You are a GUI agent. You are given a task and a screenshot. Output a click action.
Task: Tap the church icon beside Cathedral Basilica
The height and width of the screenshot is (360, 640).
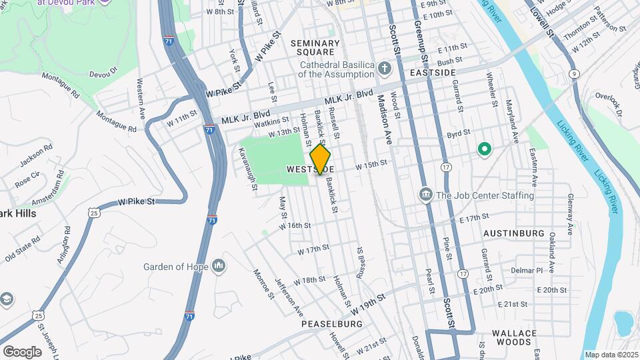(x=384, y=68)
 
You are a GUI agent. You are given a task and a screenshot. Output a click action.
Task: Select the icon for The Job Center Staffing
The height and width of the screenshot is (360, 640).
(x=425, y=195)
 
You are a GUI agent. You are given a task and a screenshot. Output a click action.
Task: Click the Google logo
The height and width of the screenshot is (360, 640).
(x=22, y=351)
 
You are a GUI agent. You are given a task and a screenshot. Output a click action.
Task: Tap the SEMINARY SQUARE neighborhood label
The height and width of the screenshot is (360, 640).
(x=315, y=47)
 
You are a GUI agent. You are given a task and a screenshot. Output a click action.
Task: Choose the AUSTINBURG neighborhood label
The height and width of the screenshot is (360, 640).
(x=514, y=234)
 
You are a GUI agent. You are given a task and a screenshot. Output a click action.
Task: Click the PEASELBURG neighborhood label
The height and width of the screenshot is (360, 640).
(x=331, y=324)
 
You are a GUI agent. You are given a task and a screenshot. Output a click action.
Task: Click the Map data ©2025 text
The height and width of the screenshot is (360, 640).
(x=611, y=355)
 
